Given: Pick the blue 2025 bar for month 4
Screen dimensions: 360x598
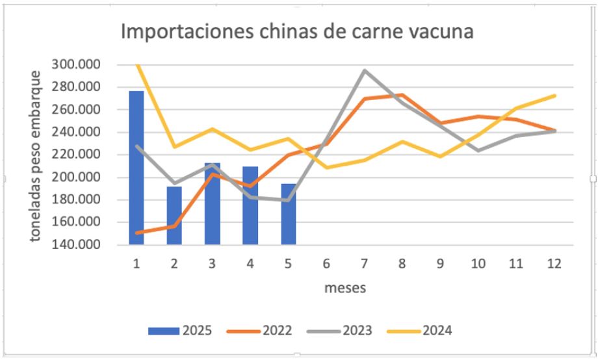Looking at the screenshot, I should pos(250,205).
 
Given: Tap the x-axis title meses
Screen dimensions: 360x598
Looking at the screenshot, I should pos(345,287).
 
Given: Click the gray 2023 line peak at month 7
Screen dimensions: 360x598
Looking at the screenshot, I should pos(365,70).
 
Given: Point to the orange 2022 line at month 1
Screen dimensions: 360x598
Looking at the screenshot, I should pos(136,232).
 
